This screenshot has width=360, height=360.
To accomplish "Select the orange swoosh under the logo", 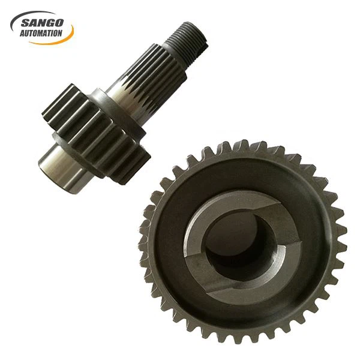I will coord(60,40).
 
